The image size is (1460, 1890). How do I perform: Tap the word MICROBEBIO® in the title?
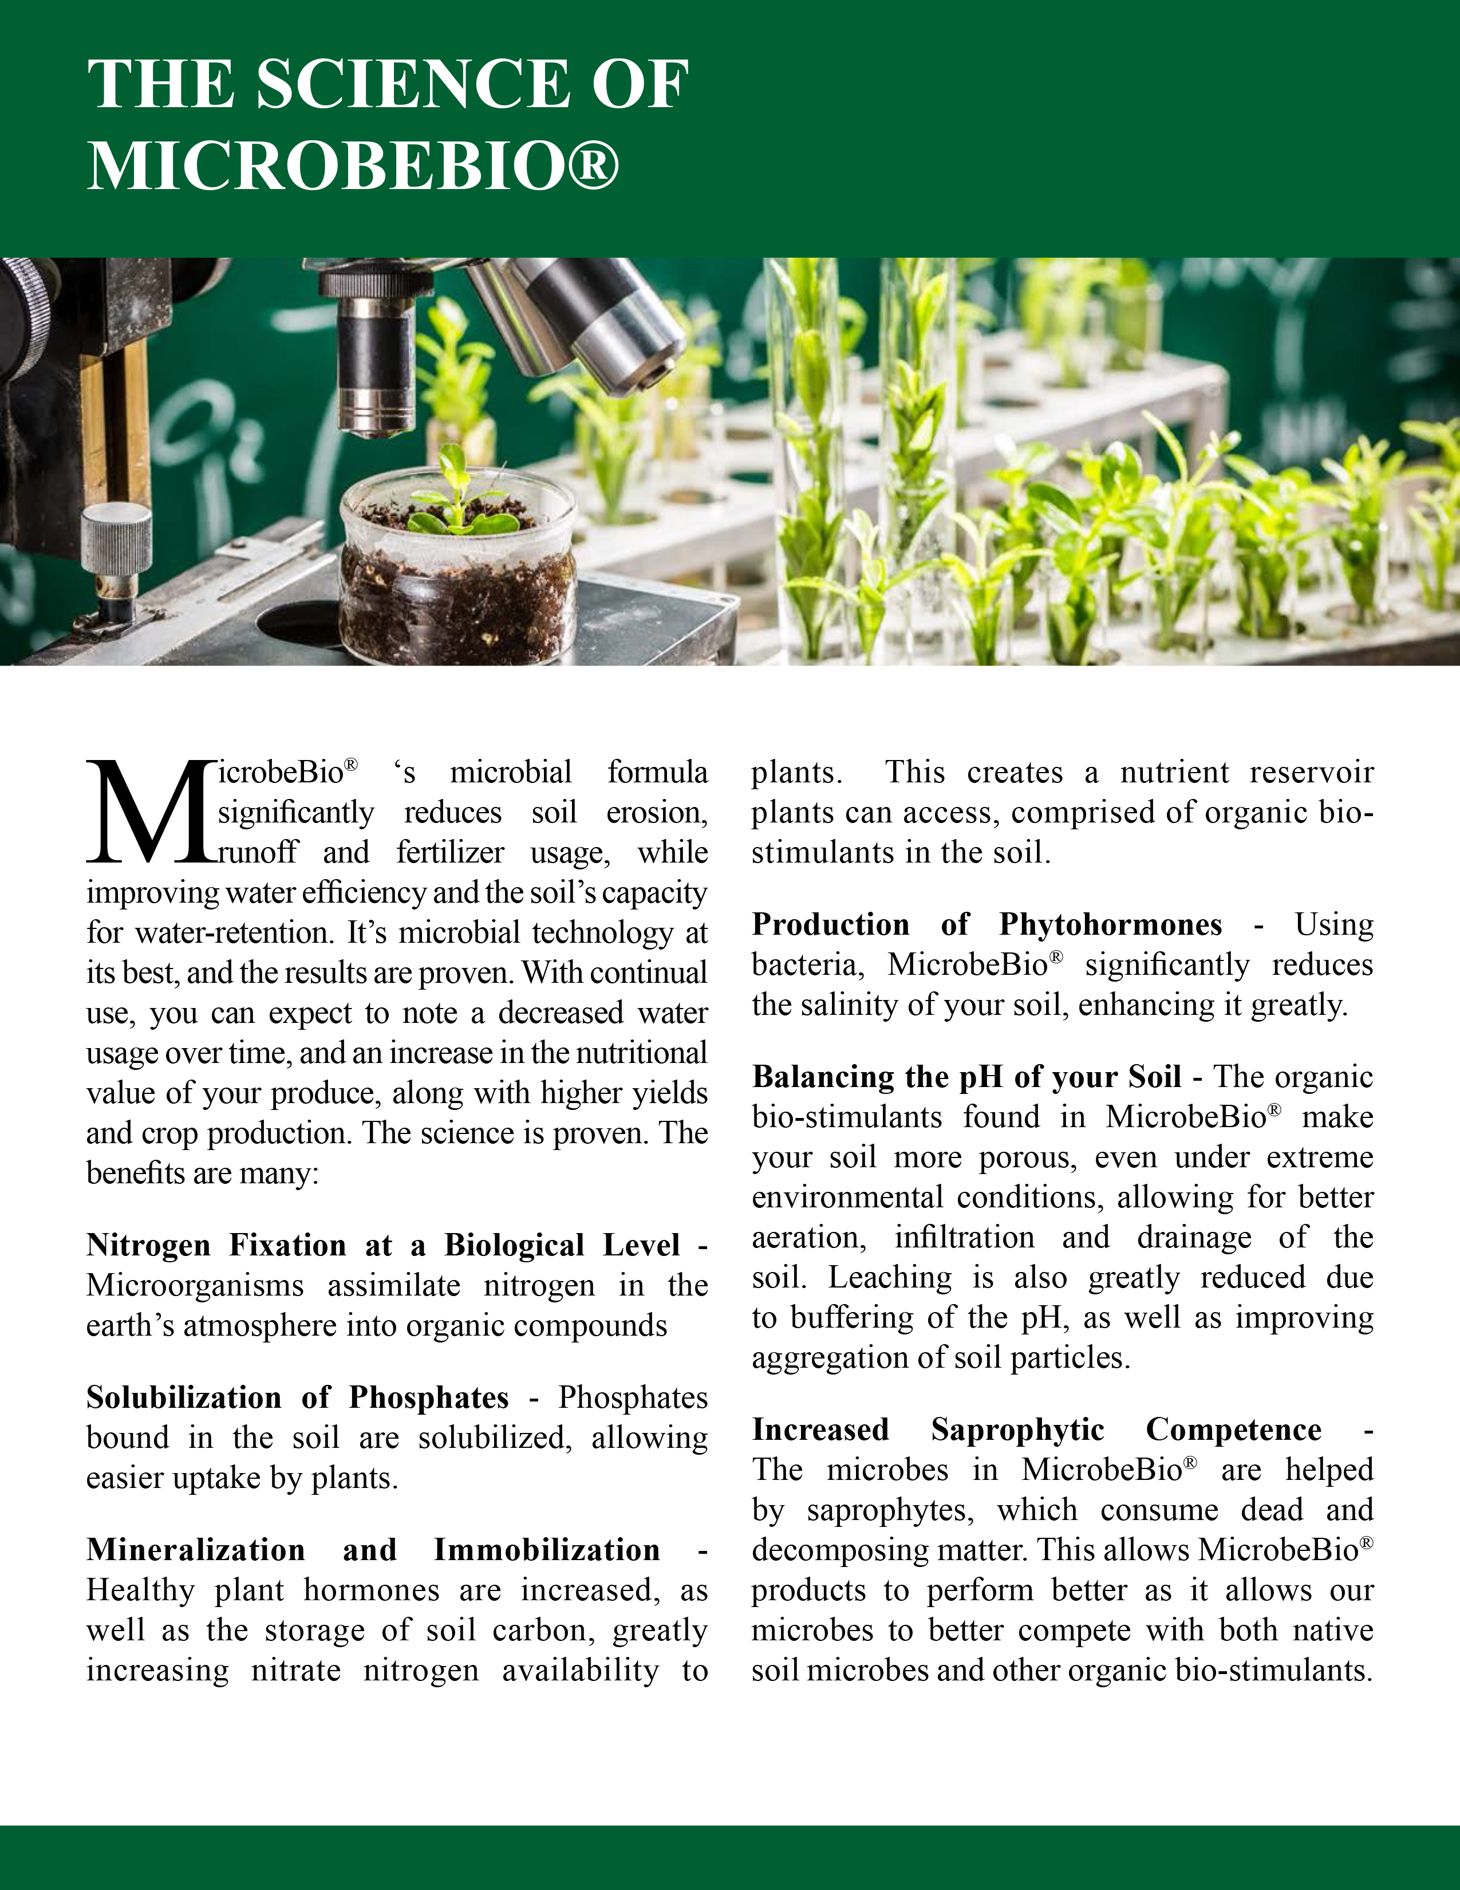click(x=353, y=164)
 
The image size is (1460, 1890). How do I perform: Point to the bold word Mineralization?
click(x=195, y=1550)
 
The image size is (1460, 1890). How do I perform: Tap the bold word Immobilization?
click(x=547, y=1550)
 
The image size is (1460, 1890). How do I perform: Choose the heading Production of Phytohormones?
click(x=986, y=924)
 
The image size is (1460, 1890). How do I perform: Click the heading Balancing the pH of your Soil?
click(x=966, y=1077)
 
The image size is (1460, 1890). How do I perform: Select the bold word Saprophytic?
click(x=1017, y=1430)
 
